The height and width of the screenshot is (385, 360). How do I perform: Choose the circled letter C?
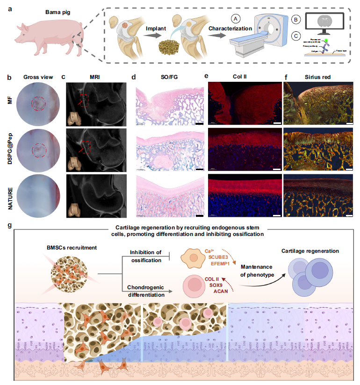[295, 37]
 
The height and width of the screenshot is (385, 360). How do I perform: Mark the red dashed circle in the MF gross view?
[37, 104]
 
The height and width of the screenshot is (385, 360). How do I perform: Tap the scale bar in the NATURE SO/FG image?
[200, 216]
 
